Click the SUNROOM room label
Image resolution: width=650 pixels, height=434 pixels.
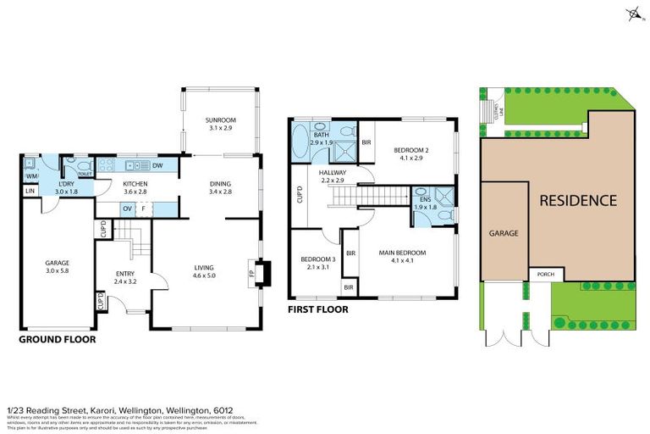pos(220,120)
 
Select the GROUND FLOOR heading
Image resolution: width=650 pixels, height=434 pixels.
pos(57,339)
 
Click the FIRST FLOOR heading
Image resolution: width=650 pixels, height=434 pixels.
pos(318,309)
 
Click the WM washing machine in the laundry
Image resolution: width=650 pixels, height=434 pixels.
pos(29,176)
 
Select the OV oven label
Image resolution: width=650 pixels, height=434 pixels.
pos(127,208)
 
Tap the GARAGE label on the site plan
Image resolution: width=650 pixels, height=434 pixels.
pos(503,232)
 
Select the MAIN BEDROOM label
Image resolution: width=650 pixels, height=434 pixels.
pos(402,253)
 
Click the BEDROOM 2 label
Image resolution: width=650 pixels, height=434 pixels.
pos(411,150)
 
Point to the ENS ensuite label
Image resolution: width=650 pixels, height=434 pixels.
pos(424,200)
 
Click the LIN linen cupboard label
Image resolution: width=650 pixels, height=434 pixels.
pos(30,192)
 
